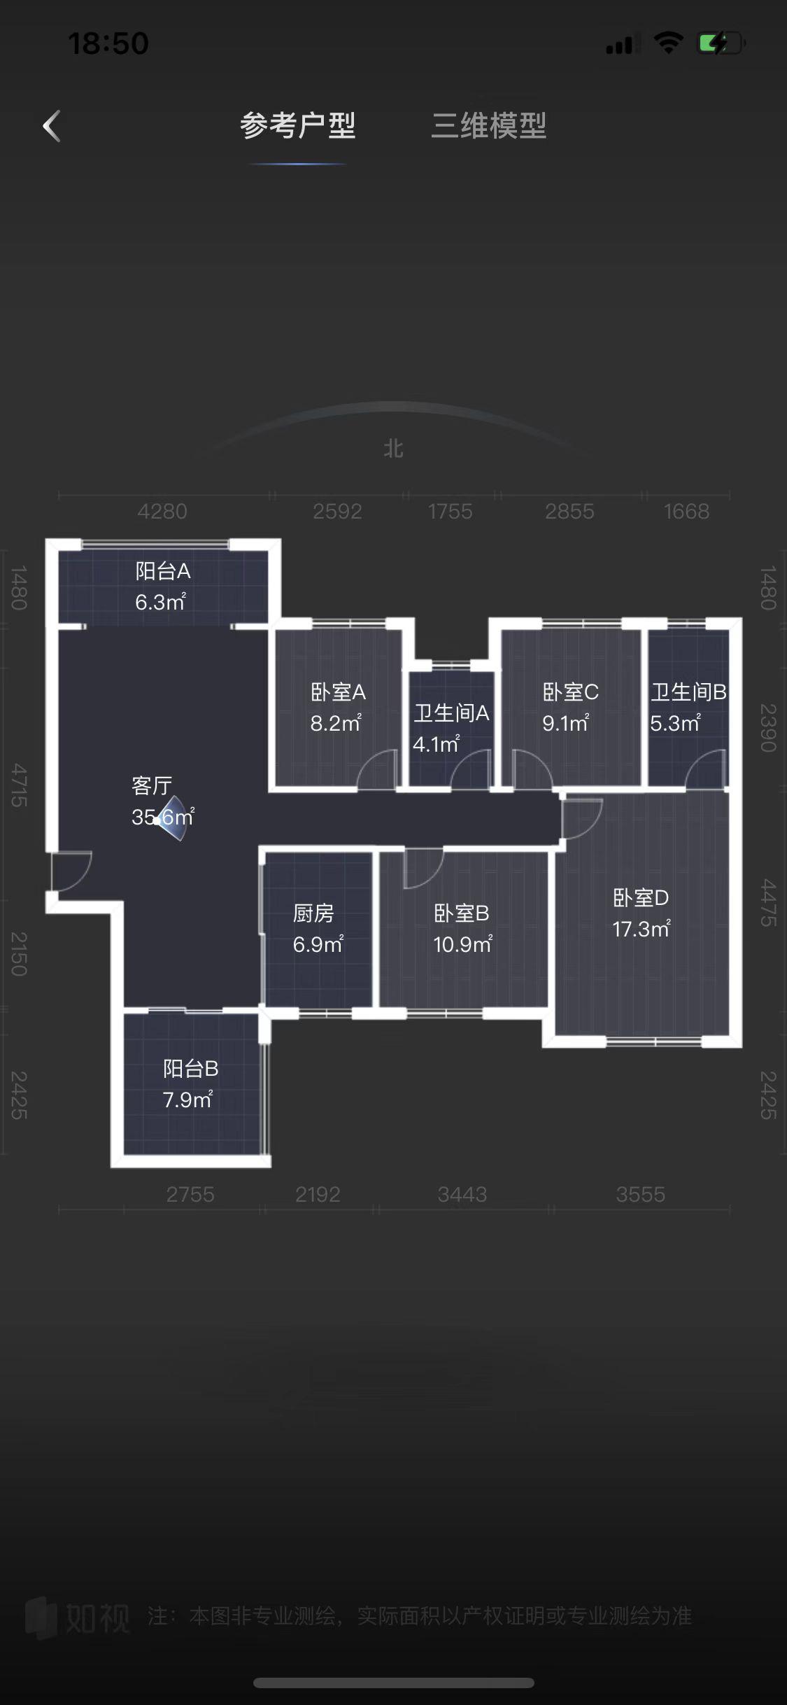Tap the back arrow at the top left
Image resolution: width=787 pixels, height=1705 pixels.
52,126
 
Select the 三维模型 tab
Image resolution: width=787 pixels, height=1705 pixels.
488,126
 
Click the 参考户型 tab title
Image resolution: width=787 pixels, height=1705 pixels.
298,126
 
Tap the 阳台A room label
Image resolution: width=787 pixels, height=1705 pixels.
163,571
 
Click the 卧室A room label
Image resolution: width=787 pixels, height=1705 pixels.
338,692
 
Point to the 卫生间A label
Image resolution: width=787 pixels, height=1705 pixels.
451,713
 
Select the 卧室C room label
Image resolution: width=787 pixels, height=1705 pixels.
570,692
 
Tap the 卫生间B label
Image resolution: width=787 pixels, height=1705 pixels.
689,692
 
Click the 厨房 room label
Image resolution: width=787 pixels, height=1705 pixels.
313,913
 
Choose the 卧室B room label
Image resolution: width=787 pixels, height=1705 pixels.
462,913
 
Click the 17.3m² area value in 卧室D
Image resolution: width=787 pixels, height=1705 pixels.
641,929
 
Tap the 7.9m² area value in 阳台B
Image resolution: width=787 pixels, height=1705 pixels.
187,1100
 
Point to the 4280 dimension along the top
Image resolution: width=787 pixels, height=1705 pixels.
162,512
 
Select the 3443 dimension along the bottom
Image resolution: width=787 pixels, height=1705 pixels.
462,1195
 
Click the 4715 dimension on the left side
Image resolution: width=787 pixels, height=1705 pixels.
20,785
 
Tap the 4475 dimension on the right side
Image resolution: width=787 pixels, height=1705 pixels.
768,903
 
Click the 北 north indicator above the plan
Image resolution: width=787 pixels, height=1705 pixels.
393,449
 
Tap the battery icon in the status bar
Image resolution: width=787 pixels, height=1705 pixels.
721,43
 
